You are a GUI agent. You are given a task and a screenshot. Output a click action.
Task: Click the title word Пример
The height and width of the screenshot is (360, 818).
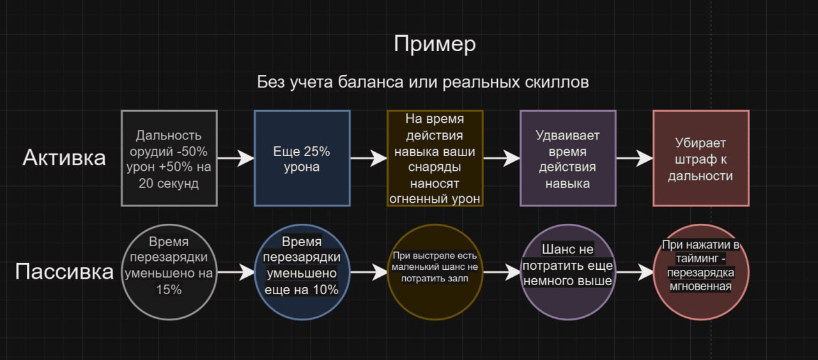[435, 45]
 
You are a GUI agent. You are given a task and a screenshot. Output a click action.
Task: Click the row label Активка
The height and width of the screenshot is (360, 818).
[64, 158]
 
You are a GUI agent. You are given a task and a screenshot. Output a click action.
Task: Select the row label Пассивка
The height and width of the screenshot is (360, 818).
[64, 272]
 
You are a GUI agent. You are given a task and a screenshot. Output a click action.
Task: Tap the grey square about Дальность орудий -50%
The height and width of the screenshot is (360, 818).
[169, 158]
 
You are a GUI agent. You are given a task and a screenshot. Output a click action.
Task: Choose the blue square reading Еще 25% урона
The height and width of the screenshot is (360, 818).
[302, 158]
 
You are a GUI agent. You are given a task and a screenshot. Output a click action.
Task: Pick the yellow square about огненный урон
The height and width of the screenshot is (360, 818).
[435, 158]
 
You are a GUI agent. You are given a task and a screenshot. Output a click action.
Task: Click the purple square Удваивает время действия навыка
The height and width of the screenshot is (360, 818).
[568, 158]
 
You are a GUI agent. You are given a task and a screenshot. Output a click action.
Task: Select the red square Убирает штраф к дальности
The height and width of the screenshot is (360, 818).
[701, 158]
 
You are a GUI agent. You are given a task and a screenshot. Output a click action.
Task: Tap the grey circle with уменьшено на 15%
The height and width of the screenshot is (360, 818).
[169, 272]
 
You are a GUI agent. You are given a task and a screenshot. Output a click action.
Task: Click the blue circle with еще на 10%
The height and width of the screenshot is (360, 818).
[302, 272]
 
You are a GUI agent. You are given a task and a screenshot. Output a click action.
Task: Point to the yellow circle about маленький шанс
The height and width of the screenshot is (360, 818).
[435, 272]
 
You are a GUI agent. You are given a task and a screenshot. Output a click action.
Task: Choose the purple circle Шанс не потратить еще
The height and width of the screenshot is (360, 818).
[568, 272]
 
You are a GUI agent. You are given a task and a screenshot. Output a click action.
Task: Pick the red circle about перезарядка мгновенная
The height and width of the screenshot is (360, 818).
[701, 272]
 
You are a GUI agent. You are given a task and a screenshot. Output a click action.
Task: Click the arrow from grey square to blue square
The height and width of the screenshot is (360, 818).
[236, 158]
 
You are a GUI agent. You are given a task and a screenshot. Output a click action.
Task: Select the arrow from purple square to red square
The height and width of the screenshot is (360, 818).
[635, 158]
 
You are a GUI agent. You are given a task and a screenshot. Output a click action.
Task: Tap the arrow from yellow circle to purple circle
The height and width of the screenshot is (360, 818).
[502, 272]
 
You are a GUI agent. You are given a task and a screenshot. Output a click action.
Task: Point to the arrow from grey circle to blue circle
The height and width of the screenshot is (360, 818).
[236, 272]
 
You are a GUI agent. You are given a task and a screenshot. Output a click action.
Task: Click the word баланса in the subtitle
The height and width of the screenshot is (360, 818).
[370, 82]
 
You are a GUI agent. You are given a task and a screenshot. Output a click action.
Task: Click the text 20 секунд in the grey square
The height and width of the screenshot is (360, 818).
[169, 184]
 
